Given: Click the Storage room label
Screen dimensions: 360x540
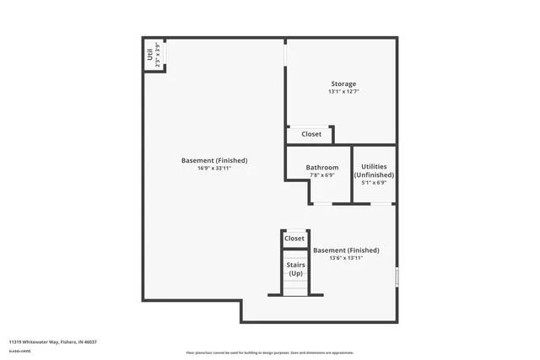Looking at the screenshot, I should tap(343, 83).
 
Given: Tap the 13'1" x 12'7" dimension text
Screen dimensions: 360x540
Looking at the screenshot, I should tap(343, 92).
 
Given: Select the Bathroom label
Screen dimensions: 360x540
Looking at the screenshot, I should tap(322, 168).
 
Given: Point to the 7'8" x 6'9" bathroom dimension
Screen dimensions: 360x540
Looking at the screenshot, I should tap(322, 175).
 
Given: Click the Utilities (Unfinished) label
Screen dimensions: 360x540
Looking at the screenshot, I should tap(374, 171).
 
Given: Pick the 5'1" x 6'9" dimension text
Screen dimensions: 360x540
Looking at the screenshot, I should tap(374, 183).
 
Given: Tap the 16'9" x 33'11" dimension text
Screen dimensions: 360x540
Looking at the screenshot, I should tap(214, 169).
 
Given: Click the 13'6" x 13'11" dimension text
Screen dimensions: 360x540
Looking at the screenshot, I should tap(346, 258).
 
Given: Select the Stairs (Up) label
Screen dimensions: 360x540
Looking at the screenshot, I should tap(295, 270).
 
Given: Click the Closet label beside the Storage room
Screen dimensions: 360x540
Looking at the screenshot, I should tap(311, 134).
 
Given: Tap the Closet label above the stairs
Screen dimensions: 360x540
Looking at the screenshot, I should tap(294, 239).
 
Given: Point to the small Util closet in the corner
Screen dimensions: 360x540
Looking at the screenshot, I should tap(154, 55).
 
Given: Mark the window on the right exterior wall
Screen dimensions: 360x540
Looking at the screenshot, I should tap(396, 277).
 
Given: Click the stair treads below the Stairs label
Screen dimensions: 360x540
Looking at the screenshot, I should tap(295, 287).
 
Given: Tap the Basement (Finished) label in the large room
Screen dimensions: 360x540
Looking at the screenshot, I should tap(214, 160).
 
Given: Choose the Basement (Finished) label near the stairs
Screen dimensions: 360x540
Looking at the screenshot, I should tap(346, 250).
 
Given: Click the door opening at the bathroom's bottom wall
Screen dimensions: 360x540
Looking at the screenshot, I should tap(322, 203).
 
